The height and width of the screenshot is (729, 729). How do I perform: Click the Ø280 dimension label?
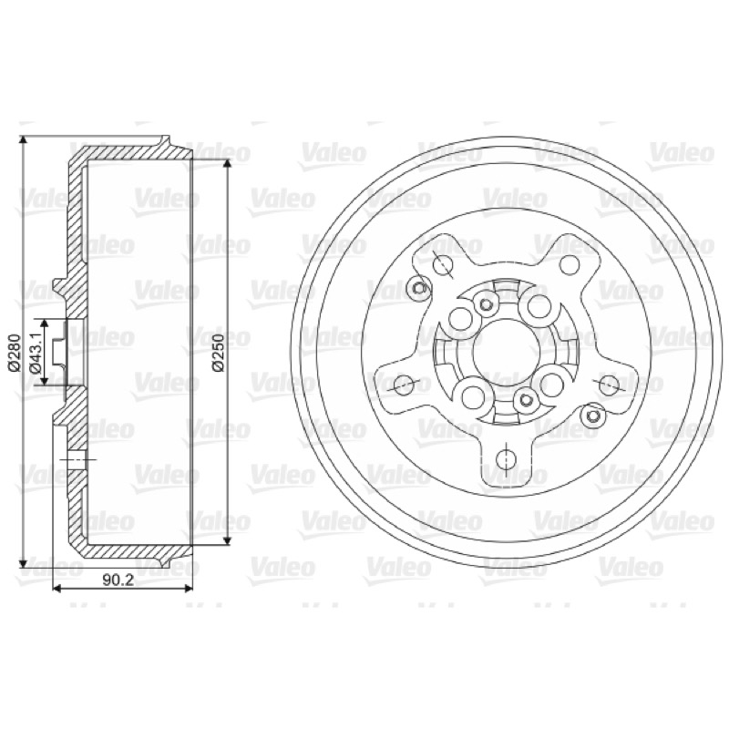pyautogui.click(x=14, y=353)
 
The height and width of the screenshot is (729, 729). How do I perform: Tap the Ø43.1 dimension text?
pyautogui.click(x=36, y=352)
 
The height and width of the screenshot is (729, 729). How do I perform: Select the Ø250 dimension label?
pyautogui.click(x=218, y=353)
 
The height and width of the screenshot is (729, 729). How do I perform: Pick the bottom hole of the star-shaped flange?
pyautogui.click(x=506, y=459)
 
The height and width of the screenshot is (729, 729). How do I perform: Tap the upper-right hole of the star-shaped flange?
pyautogui.click(x=570, y=264)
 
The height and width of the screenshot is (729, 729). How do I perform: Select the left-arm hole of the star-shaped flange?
pyautogui.click(x=404, y=384)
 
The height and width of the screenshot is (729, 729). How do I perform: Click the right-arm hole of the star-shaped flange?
pyautogui.click(x=608, y=384)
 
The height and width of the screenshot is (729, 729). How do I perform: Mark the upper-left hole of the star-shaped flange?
pyautogui.click(x=443, y=264)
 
